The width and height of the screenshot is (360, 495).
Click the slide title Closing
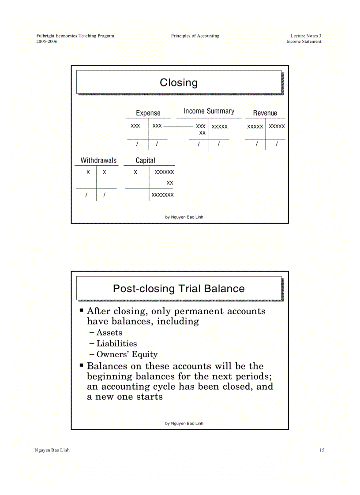click(x=179, y=82)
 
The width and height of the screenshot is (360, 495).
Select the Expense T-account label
click(x=148, y=113)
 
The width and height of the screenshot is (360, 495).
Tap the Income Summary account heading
click(x=209, y=111)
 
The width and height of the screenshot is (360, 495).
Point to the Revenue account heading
click(x=265, y=113)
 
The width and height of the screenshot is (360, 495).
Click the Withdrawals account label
click(x=98, y=160)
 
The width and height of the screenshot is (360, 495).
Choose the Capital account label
click(x=145, y=160)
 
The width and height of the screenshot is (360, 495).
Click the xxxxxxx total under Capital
click(x=162, y=195)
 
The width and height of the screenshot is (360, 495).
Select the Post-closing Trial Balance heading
click(x=179, y=289)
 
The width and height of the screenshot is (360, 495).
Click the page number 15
click(x=322, y=450)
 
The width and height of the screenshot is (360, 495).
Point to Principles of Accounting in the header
click(x=195, y=36)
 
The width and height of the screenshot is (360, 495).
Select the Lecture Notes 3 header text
click(x=306, y=36)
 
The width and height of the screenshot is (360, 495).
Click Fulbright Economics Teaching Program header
click(x=75, y=36)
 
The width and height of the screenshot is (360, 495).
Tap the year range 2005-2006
click(x=47, y=41)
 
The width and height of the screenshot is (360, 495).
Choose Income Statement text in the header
click(x=304, y=41)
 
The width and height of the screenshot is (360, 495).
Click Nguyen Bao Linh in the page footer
click(x=52, y=450)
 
